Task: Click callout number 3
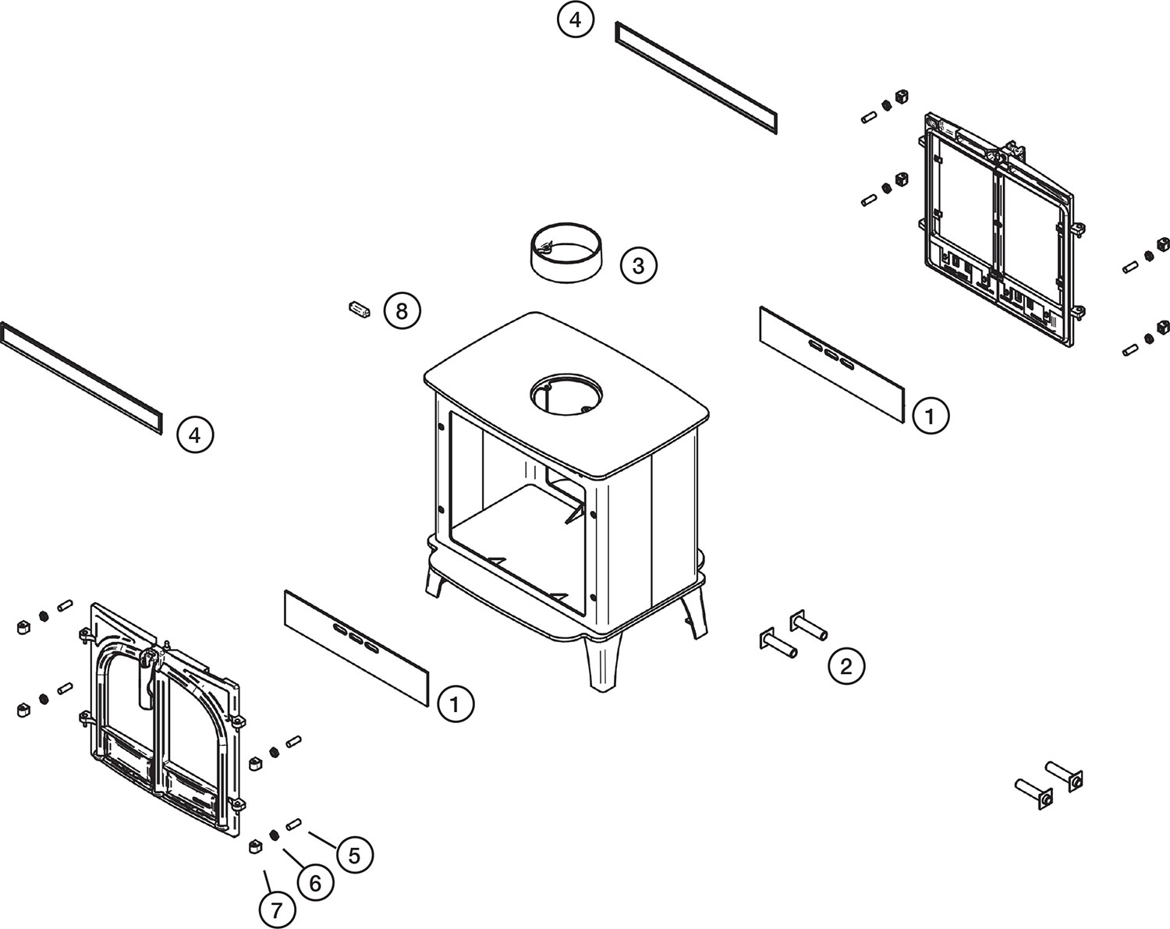click(x=638, y=265)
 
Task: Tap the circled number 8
click(x=402, y=312)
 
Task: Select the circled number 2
click(x=846, y=666)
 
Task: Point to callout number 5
click(x=354, y=856)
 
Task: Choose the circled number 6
click(x=315, y=883)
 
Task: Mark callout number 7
click(x=277, y=910)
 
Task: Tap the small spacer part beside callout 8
click(x=360, y=309)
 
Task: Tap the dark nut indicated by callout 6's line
click(x=275, y=835)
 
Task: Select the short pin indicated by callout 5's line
click(x=293, y=824)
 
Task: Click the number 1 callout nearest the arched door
click(x=455, y=704)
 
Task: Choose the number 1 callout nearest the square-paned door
click(x=931, y=416)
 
